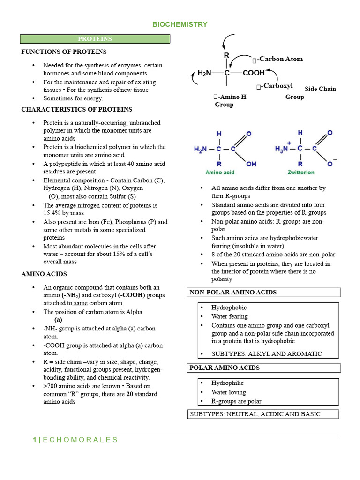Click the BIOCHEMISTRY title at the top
[x=180, y=24]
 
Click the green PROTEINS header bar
[x=95, y=39]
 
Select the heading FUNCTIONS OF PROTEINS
[x=64, y=52]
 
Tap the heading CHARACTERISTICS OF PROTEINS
[x=77, y=109]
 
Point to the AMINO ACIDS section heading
[x=44, y=274]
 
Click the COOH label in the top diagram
[x=254, y=73]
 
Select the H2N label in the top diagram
[x=205, y=73]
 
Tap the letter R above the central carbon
[x=226, y=56]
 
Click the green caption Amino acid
[x=220, y=172]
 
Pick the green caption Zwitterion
[x=301, y=172]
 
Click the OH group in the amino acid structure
[x=251, y=164]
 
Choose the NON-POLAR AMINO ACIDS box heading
[x=233, y=292]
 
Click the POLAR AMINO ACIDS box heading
[x=225, y=368]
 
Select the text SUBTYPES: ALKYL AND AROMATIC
[x=267, y=354]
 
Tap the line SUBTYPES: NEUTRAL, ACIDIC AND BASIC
[x=255, y=414]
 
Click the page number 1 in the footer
[x=35, y=440]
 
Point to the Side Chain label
[x=320, y=89]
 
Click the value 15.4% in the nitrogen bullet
[x=52, y=213]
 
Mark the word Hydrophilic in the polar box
[x=229, y=383]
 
